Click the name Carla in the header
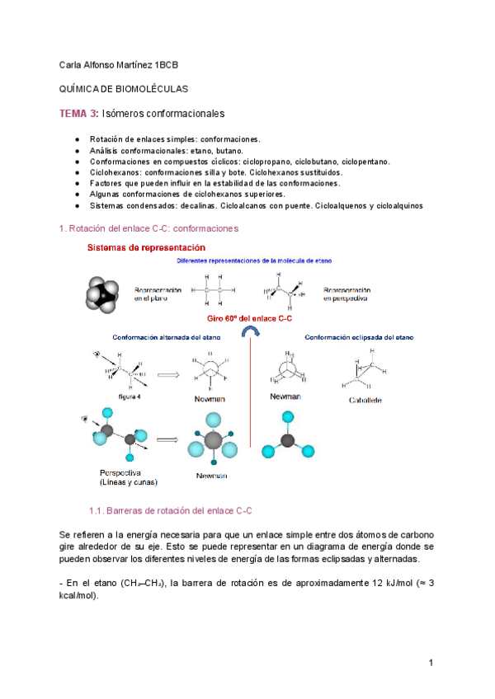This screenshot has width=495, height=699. coord(73,64)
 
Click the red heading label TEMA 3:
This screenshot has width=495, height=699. coord(80,113)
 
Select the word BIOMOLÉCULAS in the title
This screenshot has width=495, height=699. coord(153,88)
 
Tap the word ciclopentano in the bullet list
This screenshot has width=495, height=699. coord(365,162)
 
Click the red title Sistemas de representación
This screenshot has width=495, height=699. coord(146,247)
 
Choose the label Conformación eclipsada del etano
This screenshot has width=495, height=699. coord(359,338)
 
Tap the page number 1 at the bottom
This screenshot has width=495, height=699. coord(431,663)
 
